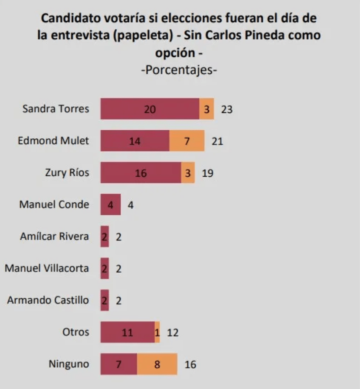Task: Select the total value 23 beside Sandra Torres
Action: tap(227, 109)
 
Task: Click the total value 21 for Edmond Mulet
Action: tap(217, 141)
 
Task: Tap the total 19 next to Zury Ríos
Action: tap(208, 173)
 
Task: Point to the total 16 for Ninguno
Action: tap(190, 364)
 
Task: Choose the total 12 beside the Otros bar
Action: tap(173, 333)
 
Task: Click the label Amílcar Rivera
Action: tap(54, 236)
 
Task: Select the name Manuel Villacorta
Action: tap(47, 268)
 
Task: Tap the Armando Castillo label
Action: tap(48, 300)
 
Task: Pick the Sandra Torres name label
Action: tap(56, 109)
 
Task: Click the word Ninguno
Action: tap(69, 364)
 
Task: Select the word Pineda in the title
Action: tap(269, 35)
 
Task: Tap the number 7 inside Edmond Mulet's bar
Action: tap(187, 141)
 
